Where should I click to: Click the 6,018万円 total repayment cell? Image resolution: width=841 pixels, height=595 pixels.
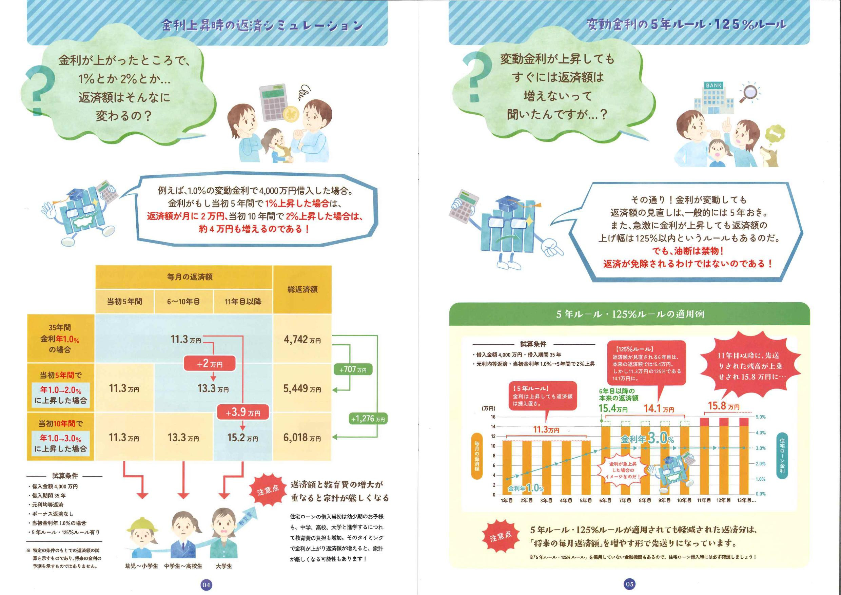(x=302, y=437)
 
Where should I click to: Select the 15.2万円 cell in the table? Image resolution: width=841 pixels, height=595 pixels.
(x=243, y=437)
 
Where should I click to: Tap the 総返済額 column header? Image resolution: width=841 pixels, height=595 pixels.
(x=302, y=289)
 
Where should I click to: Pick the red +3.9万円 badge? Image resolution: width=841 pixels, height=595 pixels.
(x=243, y=412)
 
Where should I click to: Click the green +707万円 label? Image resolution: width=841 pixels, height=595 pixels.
(x=353, y=369)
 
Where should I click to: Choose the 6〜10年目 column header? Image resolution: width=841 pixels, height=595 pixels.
(x=183, y=302)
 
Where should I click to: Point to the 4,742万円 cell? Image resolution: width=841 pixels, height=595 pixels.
(x=302, y=339)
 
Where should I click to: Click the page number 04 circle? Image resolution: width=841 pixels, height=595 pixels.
(x=206, y=584)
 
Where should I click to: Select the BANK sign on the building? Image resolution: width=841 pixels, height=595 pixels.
(x=713, y=85)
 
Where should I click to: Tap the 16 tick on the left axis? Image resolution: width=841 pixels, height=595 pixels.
(x=493, y=417)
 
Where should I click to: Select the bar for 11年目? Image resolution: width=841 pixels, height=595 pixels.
(x=704, y=456)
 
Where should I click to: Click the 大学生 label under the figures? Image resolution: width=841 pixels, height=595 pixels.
(x=223, y=566)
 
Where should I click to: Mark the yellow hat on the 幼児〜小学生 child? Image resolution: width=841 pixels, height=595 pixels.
(x=142, y=526)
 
